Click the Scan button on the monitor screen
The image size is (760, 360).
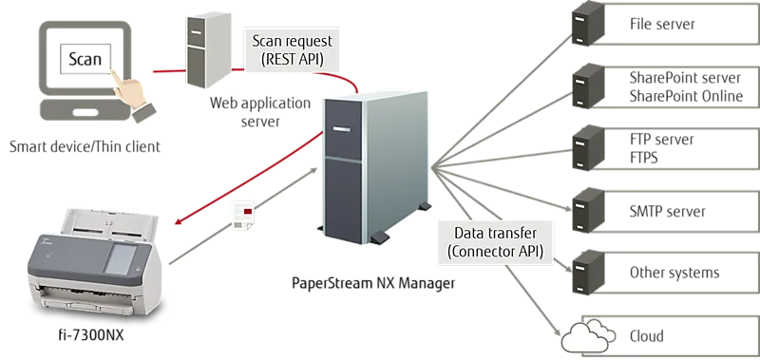tap(85, 59)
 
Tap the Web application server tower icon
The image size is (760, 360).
tap(207, 50)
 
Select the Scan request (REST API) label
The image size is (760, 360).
tap(293, 49)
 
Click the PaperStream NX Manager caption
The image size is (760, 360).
tap(373, 282)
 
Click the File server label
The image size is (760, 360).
tap(662, 25)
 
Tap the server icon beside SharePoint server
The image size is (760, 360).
tap(588, 85)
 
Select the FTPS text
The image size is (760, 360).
tap(644, 158)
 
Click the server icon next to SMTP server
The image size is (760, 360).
tap(588, 210)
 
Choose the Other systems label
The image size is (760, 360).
tap(674, 273)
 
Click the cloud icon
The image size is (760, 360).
tap(587, 336)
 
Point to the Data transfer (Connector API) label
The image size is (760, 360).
tap(495, 242)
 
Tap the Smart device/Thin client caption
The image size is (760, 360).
tap(85, 146)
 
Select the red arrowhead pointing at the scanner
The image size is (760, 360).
tap(180, 220)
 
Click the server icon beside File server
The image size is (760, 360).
tap(588, 24)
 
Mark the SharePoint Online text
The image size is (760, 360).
tap(686, 96)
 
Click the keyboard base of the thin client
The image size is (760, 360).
tap(85, 110)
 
